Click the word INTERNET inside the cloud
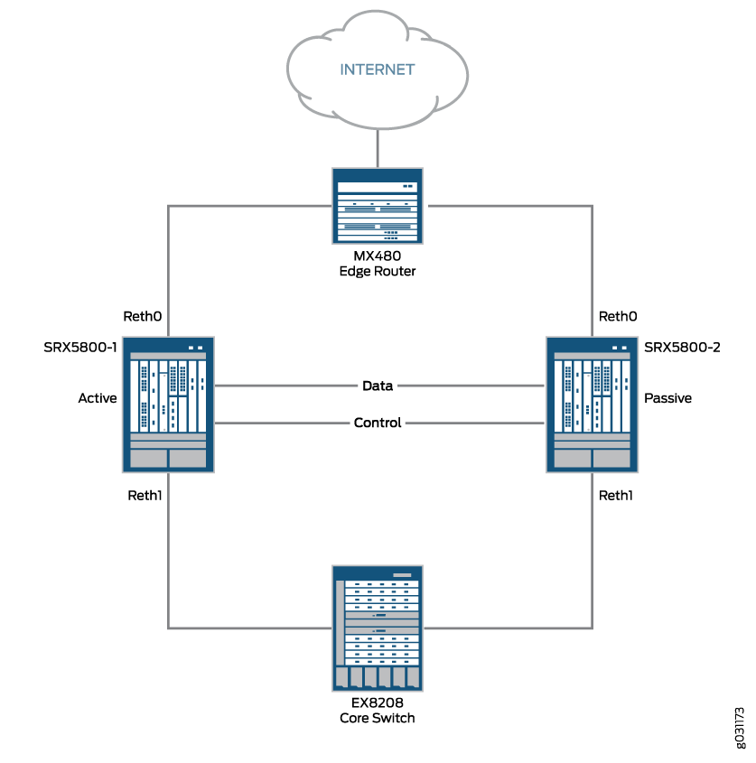point(377,70)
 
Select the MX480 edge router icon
point(378,206)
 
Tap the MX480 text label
point(378,256)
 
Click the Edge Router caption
point(378,271)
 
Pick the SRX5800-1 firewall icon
point(169,404)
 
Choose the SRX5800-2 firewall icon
point(592,404)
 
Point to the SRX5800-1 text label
point(81,347)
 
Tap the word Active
point(98,397)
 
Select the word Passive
point(667,397)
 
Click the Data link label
point(378,386)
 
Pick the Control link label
point(378,423)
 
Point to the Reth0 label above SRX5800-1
point(142,316)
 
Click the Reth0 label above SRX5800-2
point(618,316)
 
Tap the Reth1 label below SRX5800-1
point(145,495)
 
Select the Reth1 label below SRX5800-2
point(615,495)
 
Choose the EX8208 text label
point(378,703)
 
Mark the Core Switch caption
point(378,718)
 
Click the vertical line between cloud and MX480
point(378,146)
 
